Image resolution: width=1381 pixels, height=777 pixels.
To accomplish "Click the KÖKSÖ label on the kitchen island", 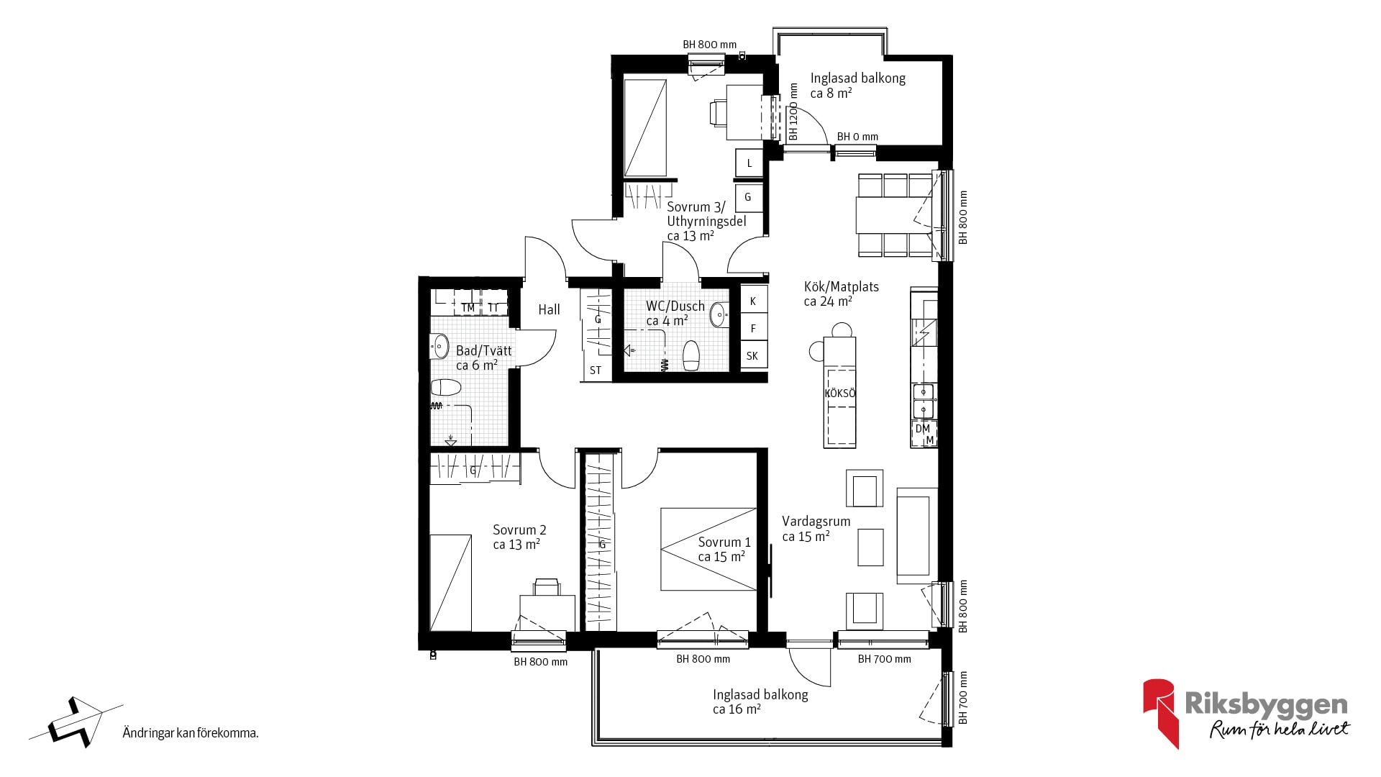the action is point(839,394).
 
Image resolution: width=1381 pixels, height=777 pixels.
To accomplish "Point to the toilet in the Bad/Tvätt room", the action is point(445,388).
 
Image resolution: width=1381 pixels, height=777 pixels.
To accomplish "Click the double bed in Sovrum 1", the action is point(708,550).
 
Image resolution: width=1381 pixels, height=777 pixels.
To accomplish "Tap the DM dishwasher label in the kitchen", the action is point(922,429).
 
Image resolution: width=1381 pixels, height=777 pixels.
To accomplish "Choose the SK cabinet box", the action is point(753,355).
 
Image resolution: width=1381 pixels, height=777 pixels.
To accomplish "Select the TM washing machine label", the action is point(468,308).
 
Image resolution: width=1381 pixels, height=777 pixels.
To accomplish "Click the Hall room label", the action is point(549,309).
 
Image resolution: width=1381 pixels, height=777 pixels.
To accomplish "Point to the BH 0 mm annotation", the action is point(857,137).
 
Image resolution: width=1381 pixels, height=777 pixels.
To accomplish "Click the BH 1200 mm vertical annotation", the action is point(794,112).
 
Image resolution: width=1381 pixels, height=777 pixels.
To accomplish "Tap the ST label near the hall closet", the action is point(596,371).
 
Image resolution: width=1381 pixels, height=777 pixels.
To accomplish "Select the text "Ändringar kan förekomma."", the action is point(191,734).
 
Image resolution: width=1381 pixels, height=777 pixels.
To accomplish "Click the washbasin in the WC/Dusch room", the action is point(719,315).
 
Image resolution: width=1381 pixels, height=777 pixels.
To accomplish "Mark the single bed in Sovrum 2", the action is point(451,583).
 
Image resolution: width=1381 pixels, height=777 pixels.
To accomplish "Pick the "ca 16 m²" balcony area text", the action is point(737,709).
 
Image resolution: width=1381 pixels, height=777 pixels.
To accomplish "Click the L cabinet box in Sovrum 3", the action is point(749,163).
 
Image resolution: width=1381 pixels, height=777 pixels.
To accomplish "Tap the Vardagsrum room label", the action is point(816,522).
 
